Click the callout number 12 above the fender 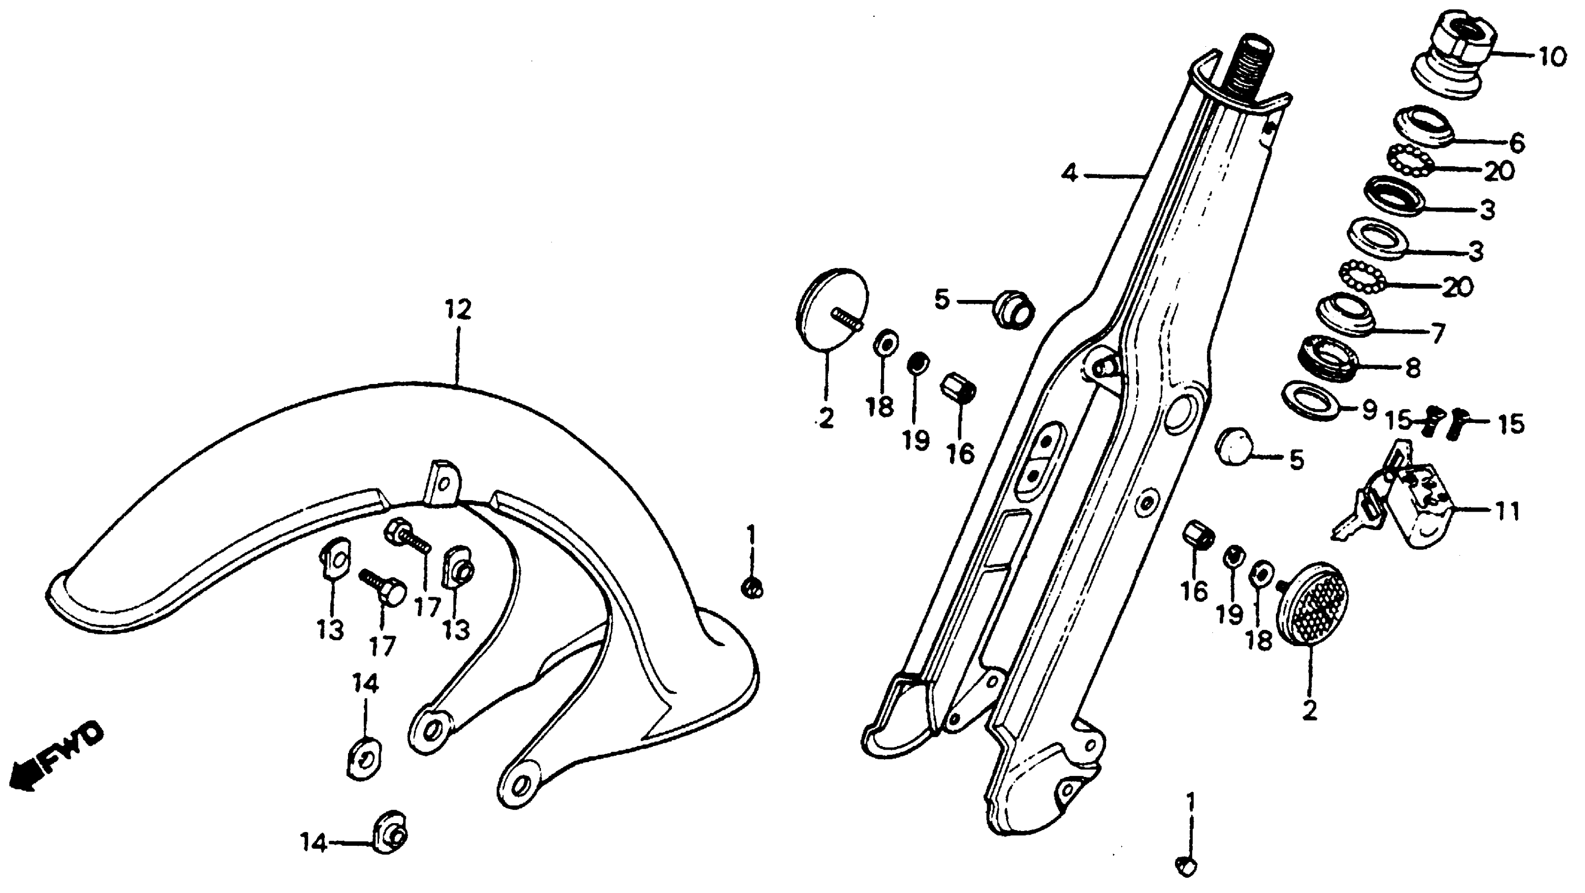(458, 309)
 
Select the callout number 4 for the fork (1069, 174)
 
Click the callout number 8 (1413, 368)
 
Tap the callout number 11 (1508, 511)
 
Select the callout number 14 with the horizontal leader (314, 843)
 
